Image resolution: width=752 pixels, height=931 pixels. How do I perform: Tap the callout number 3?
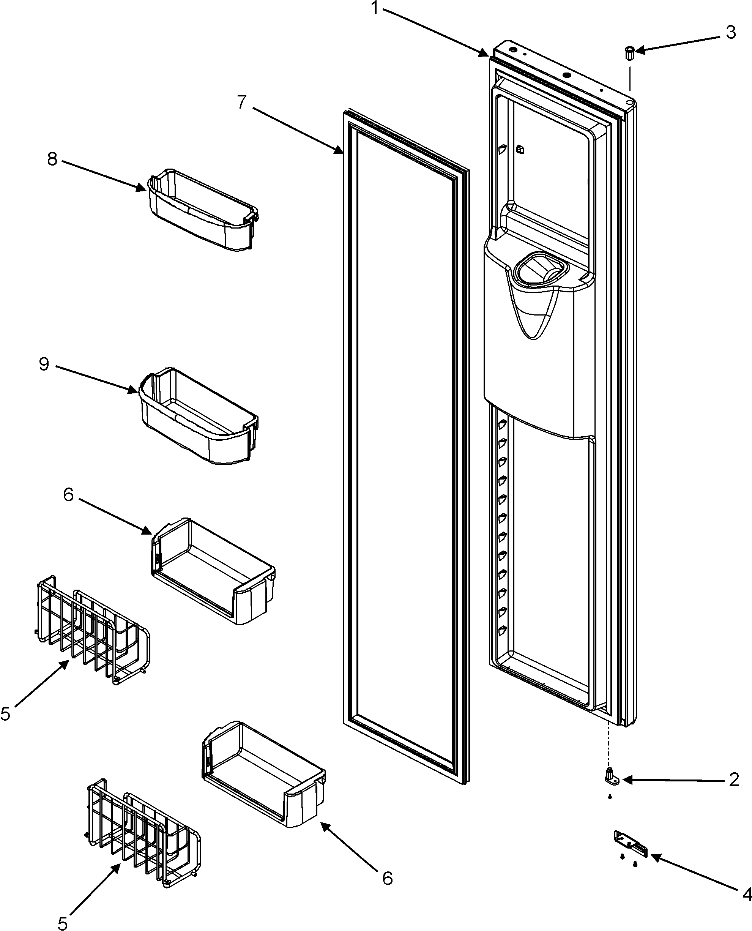click(x=731, y=33)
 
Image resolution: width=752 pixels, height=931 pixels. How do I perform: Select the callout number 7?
click(x=242, y=102)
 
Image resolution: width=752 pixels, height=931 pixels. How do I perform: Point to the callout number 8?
click(x=52, y=159)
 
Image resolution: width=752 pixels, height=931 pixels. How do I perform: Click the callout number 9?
click(x=44, y=364)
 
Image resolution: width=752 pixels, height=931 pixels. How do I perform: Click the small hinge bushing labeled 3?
click(x=629, y=54)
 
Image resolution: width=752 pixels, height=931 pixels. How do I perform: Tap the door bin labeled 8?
click(x=202, y=210)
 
